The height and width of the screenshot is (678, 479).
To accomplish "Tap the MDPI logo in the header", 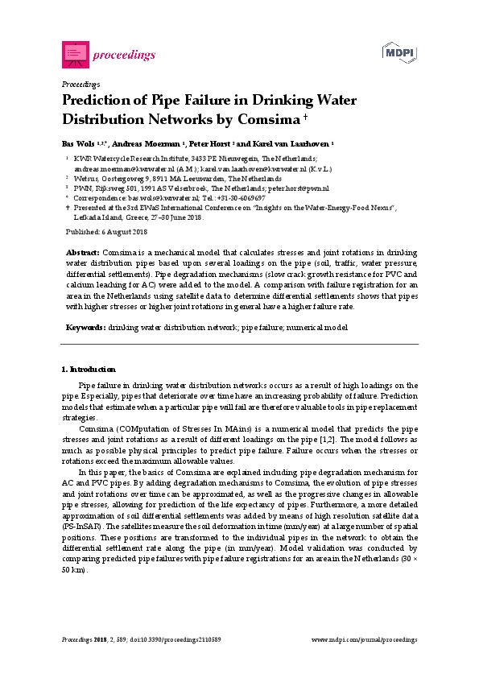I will (396, 52).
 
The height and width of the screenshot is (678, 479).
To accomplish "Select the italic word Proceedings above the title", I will (81, 84).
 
